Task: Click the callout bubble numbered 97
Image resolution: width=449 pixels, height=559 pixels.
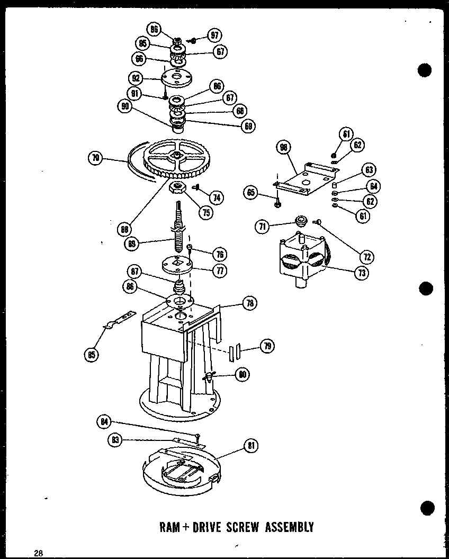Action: click(214, 36)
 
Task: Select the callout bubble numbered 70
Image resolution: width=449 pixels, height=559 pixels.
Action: click(96, 157)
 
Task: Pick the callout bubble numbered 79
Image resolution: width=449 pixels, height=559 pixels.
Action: click(267, 346)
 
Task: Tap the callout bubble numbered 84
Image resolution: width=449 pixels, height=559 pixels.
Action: click(105, 421)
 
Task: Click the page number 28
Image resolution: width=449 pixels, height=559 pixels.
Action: click(38, 553)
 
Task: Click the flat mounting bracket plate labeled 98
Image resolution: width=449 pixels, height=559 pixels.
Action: click(306, 178)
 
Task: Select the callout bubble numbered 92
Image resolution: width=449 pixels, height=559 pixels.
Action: click(136, 78)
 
